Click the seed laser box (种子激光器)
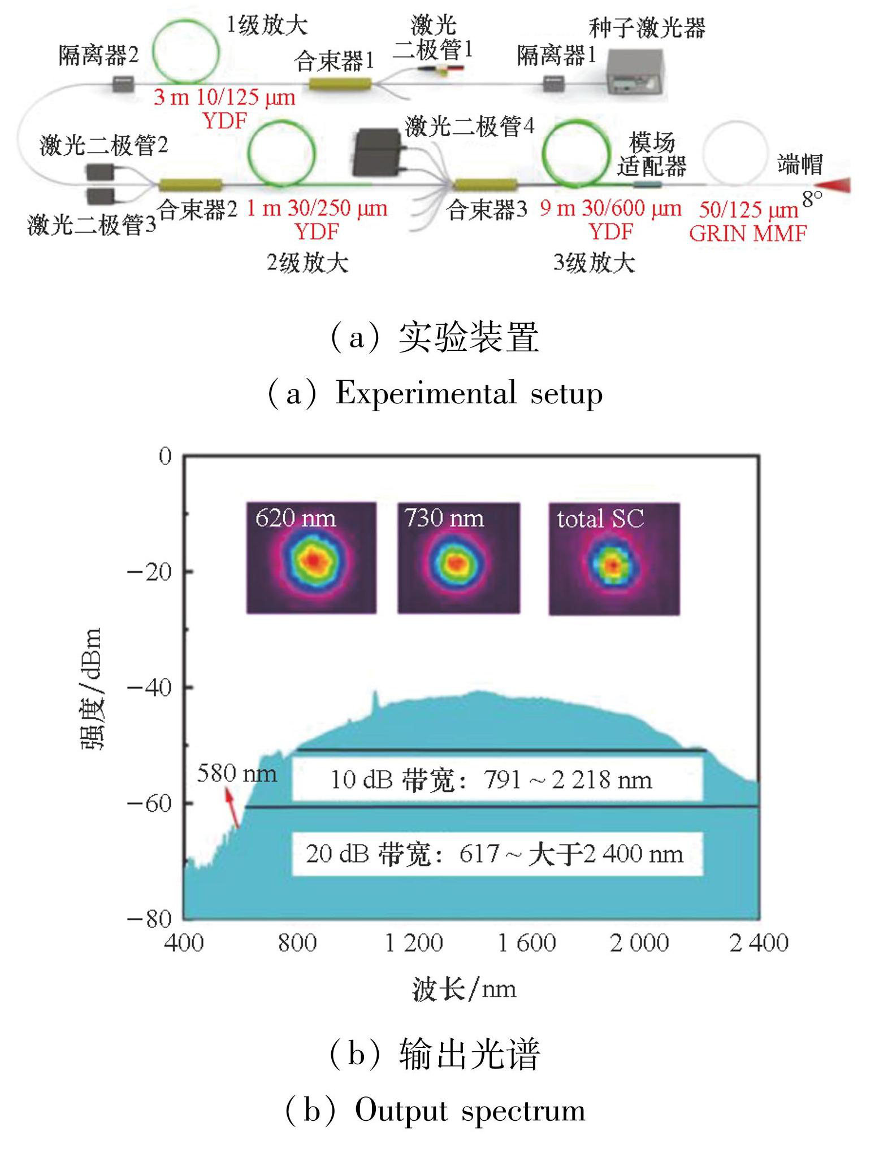[x=635, y=72]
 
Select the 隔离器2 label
[x=98, y=55]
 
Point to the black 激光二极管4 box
[x=378, y=152]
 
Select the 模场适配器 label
[x=652, y=154]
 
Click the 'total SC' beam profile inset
[x=614, y=559]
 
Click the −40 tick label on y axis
[x=149, y=687]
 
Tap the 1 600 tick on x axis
[x=527, y=943]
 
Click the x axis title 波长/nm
[x=464, y=989]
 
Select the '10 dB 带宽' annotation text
[x=491, y=780]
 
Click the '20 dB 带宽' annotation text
[x=495, y=854]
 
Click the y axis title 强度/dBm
[x=90, y=689]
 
